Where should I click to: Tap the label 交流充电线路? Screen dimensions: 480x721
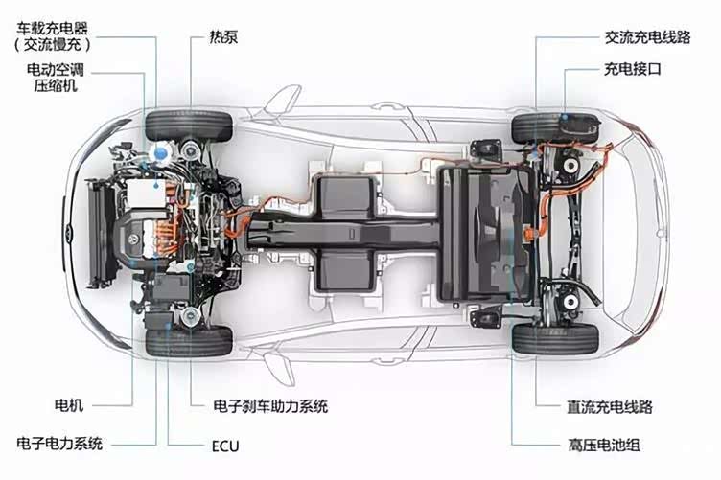point(648,38)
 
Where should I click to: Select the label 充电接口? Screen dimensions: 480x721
point(634,70)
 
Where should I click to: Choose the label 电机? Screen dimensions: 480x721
point(69,406)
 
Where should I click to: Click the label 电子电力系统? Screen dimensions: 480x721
point(59,444)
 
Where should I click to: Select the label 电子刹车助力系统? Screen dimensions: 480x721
point(269,406)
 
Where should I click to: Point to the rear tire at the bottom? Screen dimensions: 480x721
point(554,338)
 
